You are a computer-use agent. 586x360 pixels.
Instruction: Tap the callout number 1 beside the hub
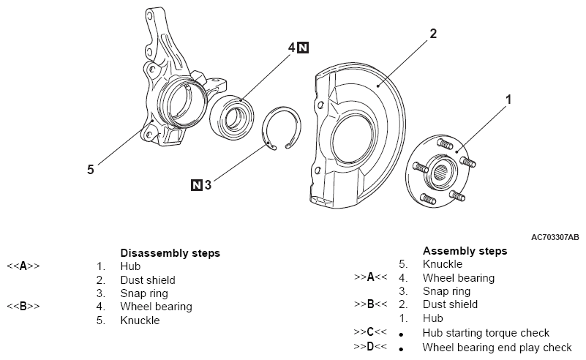pyautogui.click(x=508, y=98)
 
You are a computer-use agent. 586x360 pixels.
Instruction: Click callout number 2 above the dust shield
pyautogui.click(x=433, y=34)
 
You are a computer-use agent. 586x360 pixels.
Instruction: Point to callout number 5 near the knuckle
pyautogui.click(x=90, y=169)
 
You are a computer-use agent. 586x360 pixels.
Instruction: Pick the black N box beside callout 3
pyautogui.click(x=196, y=185)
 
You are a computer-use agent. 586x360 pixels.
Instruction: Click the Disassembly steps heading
pyautogui.click(x=170, y=253)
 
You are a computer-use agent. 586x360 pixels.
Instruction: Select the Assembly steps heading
pyautogui.click(x=465, y=250)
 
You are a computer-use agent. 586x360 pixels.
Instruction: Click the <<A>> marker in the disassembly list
pyautogui.click(x=23, y=266)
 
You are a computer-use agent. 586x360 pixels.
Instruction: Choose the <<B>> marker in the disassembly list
pyautogui.click(x=23, y=307)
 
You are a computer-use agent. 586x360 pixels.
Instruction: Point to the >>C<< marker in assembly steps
pyautogui.click(x=369, y=333)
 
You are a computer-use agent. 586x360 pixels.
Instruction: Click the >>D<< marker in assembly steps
pyautogui.click(x=369, y=347)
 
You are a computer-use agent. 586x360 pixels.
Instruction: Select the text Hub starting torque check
pyautogui.click(x=486, y=333)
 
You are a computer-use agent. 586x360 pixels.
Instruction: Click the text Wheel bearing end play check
pyautogui.click(x=497, y=347)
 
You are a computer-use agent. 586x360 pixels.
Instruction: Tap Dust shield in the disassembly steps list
pyautogui.click(x=148, y=280)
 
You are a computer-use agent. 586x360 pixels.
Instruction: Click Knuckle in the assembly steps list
pyautogui.click(x=442, y=264)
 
